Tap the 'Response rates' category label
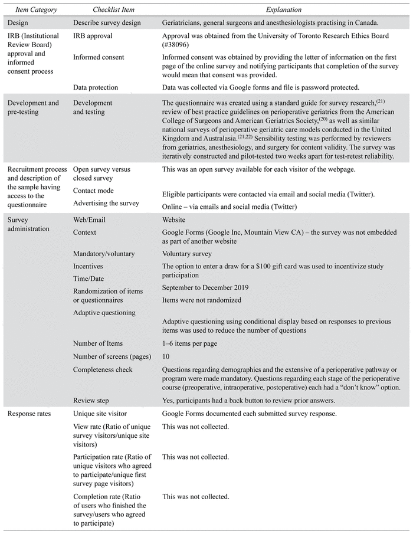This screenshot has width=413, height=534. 31,414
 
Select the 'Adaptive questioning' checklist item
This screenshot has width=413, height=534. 104,312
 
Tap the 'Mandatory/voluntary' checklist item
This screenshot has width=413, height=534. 104,254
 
